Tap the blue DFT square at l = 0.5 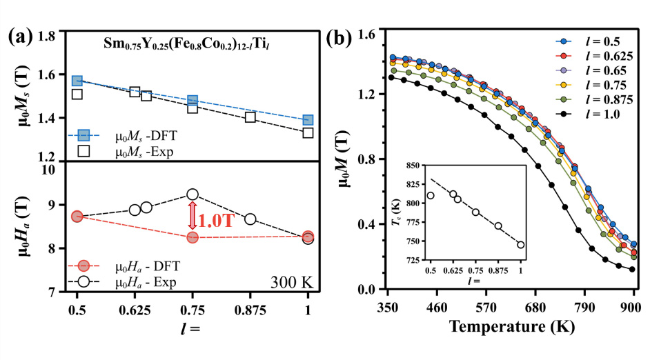point(77,81)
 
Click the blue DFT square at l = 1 point(308,121)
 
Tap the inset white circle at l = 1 point(520,244)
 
